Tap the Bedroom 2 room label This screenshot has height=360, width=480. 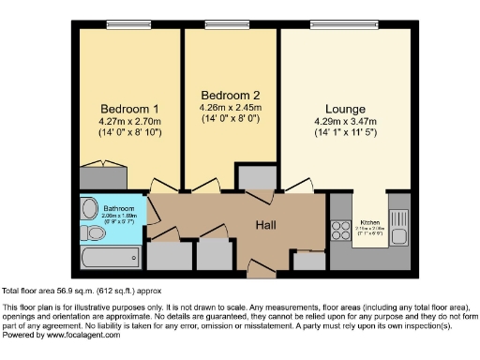tap(231, 95)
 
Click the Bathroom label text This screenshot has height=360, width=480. tap(119, 208)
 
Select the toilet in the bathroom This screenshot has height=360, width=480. tap(135, 255)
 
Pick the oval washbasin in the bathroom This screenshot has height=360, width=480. tap(89, 209)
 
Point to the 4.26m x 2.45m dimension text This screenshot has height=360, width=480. tap(231, 108)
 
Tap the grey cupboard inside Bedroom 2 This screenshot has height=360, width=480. tap(254, 178)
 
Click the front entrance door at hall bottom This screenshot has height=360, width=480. tap(262, 272)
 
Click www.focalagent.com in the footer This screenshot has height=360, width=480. tap(79, 335)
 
